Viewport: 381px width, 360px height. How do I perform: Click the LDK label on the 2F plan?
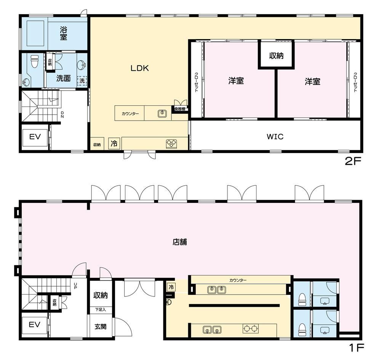pyautogui.click(x=139, y=68)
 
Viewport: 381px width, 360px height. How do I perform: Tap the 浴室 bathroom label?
pyautogui.click(x=63, y=33)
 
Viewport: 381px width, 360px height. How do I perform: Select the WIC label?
pyautogui.click(x=275, y=136)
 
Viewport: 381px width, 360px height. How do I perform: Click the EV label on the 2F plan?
pyautogui.click(x=35, y=137)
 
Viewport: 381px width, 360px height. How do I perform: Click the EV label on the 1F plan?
pyautogui.click(x=34, y=325)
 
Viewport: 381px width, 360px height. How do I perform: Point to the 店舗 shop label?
pyautogui.click(x=180, y=242)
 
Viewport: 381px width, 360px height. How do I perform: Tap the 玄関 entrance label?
pyautogui.click(x=100, y=327)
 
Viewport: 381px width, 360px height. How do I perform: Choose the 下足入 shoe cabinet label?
pyautogui.click(x=100, y=309)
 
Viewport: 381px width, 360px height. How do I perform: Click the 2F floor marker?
pyautogui.click(x=353, y=161)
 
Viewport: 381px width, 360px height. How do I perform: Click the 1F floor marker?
pyautogui.click(x=357, y=348)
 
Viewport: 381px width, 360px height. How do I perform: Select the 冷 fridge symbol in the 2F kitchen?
pyautogui.click(x=114, y=144)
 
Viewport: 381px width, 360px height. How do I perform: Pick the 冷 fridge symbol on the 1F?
pyautogui.click(x=171, y=287)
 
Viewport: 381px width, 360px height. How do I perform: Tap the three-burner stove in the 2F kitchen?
pyautogui.click(x=172, y=144)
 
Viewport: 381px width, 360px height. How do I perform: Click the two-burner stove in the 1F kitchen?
pyautogui.click(x=251, y=328)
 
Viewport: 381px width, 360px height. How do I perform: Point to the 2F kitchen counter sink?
pyautogui.click(x=162, y=113)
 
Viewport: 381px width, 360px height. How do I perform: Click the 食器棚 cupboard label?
pyautogui.click(x=180, y=109)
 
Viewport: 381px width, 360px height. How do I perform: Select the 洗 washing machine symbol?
pyautogui.click(x=82, y=80)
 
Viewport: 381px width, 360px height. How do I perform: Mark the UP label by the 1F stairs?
pyautogui.click(x=75, y=286)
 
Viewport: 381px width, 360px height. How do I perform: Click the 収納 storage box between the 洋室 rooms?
pyautogui.click(x=276, y=55)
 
